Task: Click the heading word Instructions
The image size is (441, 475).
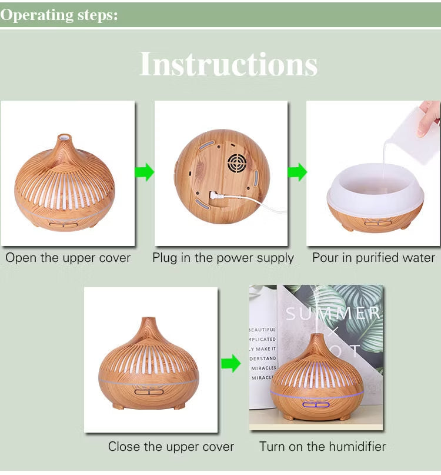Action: point(228,64)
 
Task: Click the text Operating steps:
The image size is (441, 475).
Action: point(59,15)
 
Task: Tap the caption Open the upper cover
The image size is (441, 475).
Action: point(68,258)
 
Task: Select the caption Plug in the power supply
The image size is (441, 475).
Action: point(223,258)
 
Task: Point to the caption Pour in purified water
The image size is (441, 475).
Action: point(373,258)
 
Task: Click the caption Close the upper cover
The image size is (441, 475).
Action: point(171,447)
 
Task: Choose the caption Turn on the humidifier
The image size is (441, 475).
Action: point(323,447)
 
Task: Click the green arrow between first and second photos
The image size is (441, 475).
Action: point(145,172)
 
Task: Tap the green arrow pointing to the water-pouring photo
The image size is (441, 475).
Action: point(298,172)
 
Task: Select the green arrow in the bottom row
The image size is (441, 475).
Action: point(231,363)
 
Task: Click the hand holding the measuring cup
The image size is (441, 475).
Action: point(430,118)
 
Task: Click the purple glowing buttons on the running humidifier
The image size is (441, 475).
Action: point(315,405)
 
